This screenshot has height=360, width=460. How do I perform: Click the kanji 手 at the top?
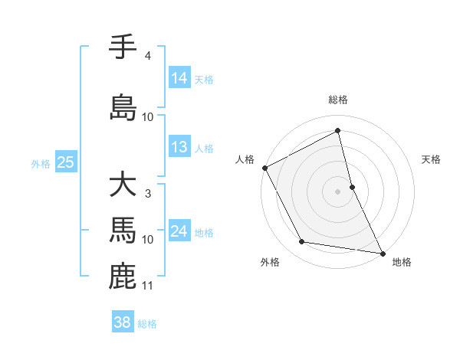click(123, 47)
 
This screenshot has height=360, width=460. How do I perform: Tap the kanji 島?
click(123, 106)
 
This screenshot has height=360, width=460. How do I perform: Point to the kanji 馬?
click(123, 229)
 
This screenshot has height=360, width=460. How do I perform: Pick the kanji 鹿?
click(123, 276)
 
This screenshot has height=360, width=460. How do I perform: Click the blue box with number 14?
click(179, 78)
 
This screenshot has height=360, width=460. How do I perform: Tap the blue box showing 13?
click(179, 147)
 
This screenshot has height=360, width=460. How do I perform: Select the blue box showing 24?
click(179, 231)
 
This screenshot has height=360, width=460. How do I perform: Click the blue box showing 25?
click(65, 162)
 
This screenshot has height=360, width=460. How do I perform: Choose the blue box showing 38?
click(123, 322)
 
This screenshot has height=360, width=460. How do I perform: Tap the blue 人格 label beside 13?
click(204, 149)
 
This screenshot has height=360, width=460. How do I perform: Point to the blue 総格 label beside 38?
click(147, 324)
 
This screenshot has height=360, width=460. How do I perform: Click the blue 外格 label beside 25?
click(41, 164)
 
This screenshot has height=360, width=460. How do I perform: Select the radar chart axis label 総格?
click(338, 100)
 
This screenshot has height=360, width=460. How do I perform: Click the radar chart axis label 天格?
click(432, 159)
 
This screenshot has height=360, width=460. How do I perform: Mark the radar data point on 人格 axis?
click(264, 168)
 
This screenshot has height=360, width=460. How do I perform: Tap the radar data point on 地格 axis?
click(382, 252)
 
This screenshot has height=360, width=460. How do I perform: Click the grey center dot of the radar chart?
click(337, 191)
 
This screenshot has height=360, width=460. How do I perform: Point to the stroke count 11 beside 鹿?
click(148, 286)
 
